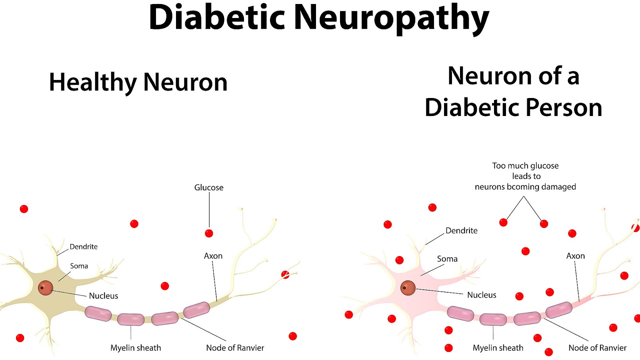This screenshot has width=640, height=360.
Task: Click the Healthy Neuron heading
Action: pos(138,82)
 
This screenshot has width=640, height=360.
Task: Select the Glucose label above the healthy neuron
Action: pos(209,188)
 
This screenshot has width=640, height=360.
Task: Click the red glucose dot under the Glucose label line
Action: pos(209,233)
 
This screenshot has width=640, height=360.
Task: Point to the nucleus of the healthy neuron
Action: pos(46,288)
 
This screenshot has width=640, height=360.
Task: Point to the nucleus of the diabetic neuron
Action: pos(408,288)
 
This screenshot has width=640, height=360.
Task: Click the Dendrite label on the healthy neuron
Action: pos(84,247)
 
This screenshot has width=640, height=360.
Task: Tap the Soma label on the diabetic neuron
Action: pos(447,259)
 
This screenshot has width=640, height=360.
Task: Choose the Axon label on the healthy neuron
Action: pos(213,256)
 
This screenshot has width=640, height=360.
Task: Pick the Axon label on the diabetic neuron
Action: pos(576,256)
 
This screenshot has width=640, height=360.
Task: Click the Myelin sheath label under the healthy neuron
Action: pos(136,348)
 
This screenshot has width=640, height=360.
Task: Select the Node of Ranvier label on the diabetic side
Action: pos(598,348)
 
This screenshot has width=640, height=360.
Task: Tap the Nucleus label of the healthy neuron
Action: pos(104,296)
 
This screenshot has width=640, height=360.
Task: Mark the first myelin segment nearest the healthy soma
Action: pos(98,314)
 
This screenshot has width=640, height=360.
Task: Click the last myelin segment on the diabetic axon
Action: pos(559,310)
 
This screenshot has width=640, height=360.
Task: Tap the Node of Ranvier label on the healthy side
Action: pos(235,348)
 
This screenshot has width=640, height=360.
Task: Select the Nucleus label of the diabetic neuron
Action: pos(482,295)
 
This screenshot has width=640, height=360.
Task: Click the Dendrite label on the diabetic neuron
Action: pos(462,231)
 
